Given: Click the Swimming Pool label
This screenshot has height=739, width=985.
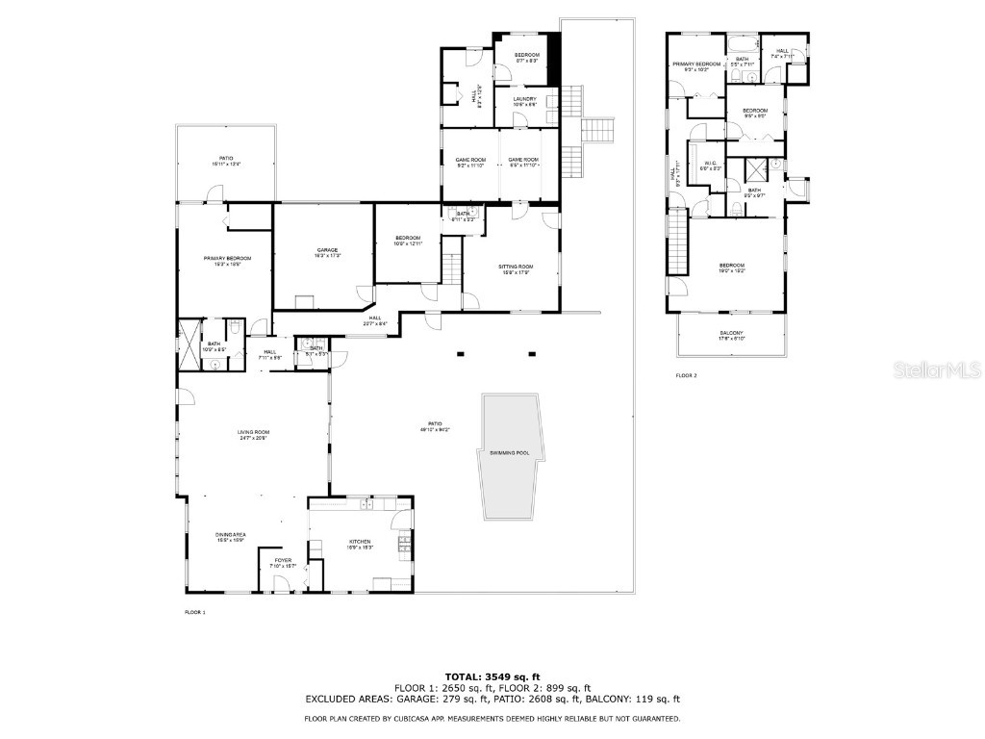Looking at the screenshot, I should pyautogui.click(x=509, y=453).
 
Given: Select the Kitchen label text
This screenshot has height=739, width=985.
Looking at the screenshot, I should pyautogui.click(x=360, y=544).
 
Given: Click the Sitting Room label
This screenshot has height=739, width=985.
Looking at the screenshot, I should pyautogui.click(x=515, y=268).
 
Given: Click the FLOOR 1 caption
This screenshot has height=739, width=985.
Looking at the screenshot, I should pyautogui.click(x=195, y=612).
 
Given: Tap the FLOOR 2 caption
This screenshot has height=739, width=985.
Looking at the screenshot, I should pyautogui.click(x=686, y=375).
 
